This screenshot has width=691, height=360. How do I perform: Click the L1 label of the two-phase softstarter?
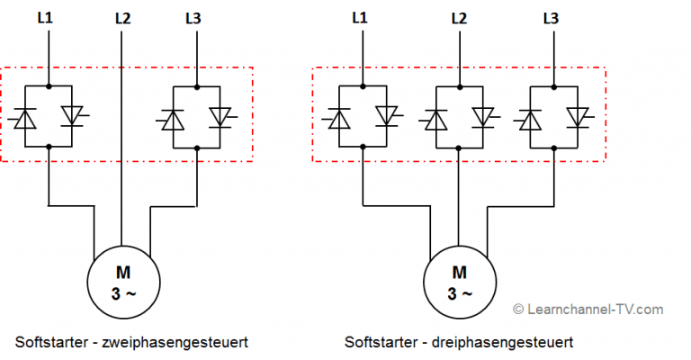coord(45,18)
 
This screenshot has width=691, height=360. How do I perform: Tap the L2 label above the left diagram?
coord(123,19)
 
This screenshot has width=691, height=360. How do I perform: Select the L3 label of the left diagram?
coord(193,19)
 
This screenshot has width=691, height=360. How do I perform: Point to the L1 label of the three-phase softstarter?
coord(360,18)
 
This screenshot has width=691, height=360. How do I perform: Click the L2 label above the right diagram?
coord(459,19)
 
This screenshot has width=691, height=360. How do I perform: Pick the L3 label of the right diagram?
coord(551,19)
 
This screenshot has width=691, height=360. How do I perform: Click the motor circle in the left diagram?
coord(123,282)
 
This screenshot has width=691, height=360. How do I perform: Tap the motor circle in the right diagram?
coord(460,282)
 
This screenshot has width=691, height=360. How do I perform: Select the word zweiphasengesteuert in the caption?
coord(175,342)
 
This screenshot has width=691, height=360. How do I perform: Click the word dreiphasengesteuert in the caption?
coord(502,342)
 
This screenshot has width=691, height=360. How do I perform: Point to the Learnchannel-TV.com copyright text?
coord(588,310)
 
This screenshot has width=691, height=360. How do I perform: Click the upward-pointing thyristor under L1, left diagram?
coord(24,118)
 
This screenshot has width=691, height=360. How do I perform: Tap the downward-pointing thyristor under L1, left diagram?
coord(73,116)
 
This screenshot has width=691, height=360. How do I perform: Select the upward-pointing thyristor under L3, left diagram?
coord(173,120)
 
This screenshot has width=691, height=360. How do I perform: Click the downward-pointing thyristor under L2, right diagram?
coord(484,117)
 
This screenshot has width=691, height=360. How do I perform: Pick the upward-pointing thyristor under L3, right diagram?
coord(530,120)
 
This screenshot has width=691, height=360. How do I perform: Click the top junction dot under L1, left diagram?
coord(49,86)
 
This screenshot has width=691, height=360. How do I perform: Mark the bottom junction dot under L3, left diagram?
coord(197,148)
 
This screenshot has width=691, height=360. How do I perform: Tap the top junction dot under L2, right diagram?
coord(460,87)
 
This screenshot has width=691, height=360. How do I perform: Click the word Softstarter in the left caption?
coord(51,342)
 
